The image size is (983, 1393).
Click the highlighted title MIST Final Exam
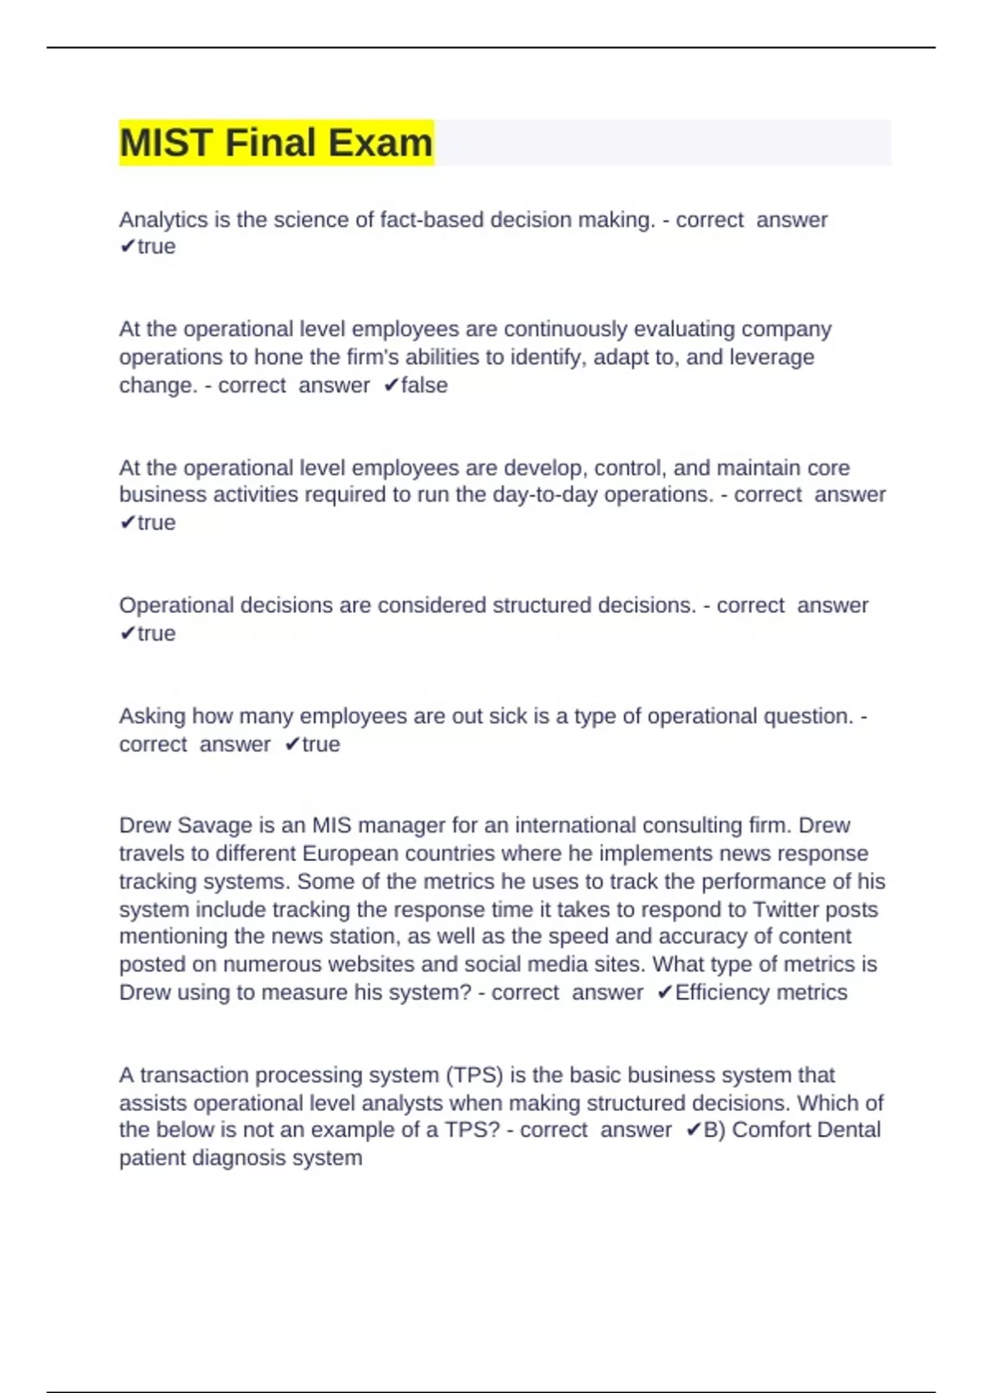point(276,143)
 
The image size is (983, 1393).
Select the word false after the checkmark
point(424,385)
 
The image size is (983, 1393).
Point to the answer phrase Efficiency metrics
point(761,992)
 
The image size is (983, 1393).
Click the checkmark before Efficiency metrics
point(664,992)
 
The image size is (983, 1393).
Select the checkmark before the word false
point(391,385)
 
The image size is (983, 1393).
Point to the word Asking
point(152,716)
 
